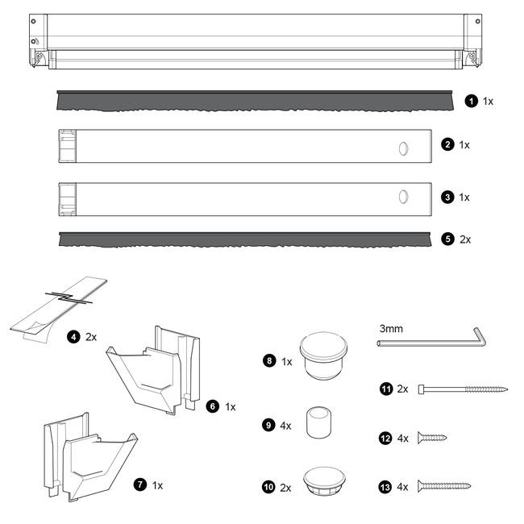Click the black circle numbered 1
coord(472,101)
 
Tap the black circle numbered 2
coord(447,144)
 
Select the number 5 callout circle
coord(447,239)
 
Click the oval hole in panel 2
coord(403,148)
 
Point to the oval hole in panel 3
coord(403,197)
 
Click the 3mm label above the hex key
coord(391,329)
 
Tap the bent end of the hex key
coord(480,337)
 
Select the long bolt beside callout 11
coord(463,389)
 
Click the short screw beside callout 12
coord(432,438)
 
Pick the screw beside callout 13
coord(444,486)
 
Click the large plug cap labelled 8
coord(323,356)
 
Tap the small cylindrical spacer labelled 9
coord(318,422)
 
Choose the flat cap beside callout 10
coord(324,481)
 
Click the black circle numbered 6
coord(213,406)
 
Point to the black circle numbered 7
coord(140,484)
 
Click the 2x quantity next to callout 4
coord(91,337)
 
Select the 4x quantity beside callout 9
coord(285,426)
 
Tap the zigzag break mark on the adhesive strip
coord(69,297)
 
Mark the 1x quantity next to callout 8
coord(287,362)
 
